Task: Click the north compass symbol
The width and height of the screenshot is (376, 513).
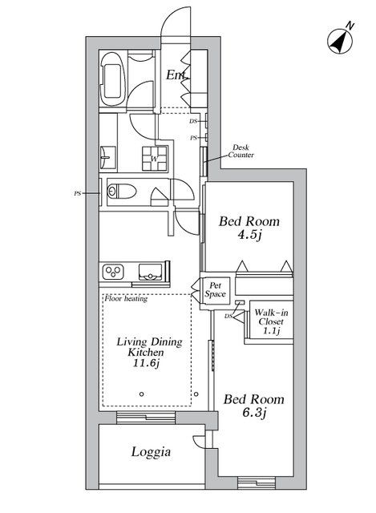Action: tap(340, 41)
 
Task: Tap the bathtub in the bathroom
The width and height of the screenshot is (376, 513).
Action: tap(112, 79)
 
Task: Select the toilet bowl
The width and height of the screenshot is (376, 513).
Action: tap(122, 191)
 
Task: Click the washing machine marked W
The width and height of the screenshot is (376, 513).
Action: tap(155, 159)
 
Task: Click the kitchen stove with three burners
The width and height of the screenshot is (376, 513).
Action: tap(113, 272)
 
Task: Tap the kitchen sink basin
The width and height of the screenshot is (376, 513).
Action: tap(150, 272)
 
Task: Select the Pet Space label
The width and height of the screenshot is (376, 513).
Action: tap(215, 289)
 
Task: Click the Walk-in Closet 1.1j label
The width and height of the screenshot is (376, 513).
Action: tap(271, 321)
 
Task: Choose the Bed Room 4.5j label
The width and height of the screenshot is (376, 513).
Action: tap(249, 228)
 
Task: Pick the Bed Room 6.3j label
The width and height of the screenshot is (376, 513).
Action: tap(254, 406)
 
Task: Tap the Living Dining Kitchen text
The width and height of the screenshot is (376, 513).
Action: tap(149, 347)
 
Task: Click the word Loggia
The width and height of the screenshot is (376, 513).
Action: tap(151, 452)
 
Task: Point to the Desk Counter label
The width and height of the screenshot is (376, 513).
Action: tap(241, 151)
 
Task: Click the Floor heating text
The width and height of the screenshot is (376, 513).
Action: tap(126, 298)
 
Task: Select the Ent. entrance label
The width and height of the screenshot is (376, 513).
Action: tap(177, 75)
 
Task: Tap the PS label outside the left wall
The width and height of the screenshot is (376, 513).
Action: tap(77, 193)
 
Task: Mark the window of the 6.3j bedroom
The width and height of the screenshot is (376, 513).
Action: tap(257, 483)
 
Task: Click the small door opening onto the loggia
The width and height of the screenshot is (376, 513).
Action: tap(199, 441)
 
